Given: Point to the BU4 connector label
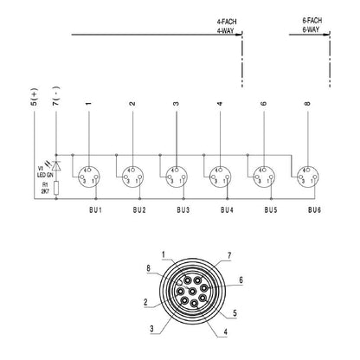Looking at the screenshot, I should pos(226,210).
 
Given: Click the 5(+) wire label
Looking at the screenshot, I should pos(33,106).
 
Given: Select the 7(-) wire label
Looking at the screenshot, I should pos(56,106).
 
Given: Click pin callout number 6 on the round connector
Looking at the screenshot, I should pos(241,280).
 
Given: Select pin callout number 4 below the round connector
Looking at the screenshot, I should pos(225,332).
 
